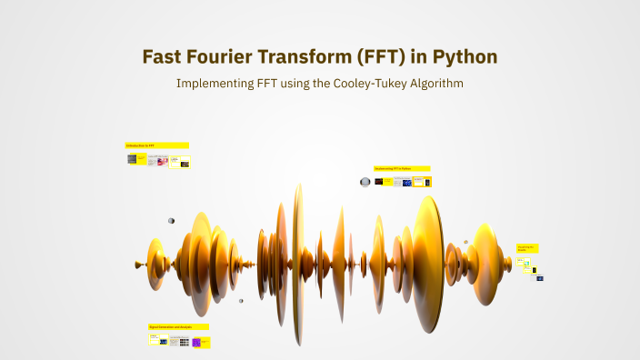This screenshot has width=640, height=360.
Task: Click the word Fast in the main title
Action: pos(164,56)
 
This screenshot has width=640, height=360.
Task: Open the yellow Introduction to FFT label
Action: pos(156,145)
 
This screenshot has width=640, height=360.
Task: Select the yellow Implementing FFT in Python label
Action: pos(402,168)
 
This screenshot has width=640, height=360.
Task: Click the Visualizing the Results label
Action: pos(527,247)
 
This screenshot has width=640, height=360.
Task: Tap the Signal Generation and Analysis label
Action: pos(178,326)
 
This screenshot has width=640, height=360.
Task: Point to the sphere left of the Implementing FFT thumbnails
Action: pos(365,182)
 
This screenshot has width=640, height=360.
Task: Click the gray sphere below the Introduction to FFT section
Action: pos(171,221)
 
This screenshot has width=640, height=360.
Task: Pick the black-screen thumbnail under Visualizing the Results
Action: pos(535,270)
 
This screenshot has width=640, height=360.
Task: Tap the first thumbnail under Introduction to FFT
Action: pos(132,159)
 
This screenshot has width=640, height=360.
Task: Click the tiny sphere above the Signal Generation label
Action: pos(241,301)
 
